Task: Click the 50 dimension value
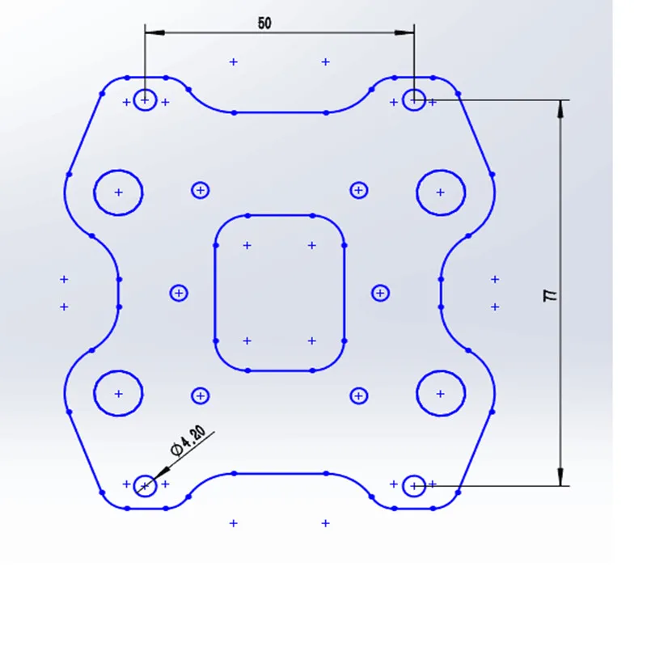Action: pyautogui.click(x=264, y=23)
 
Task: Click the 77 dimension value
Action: pyautogui.click(x=551, y=295)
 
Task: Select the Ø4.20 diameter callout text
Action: pyautogui.click(x=188, y=441)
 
